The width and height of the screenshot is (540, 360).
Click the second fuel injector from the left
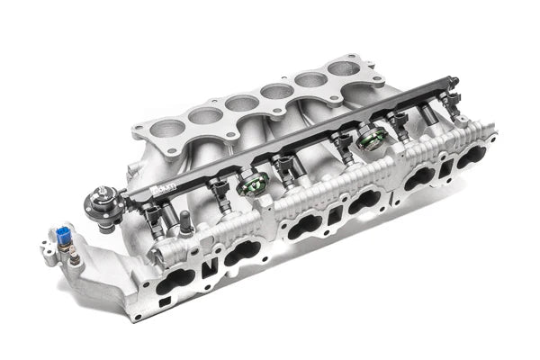(219, 192)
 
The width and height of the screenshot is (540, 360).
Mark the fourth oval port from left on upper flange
(274, 90)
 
